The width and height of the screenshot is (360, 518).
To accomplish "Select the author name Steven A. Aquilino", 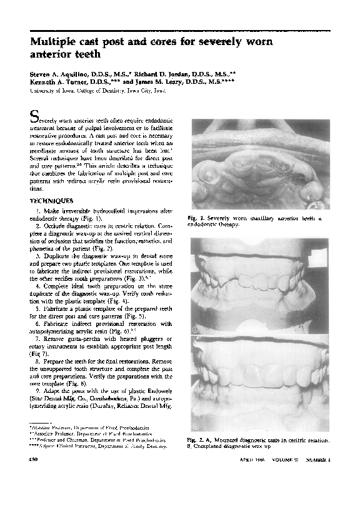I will click(x=67, y=74).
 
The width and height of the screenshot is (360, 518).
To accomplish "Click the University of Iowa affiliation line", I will click(x=98, y=90).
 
